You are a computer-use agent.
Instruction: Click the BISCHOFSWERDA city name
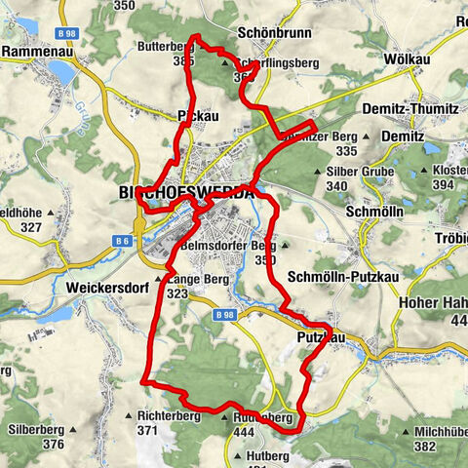tap(185, 192)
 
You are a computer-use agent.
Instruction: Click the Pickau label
tap(198, 115)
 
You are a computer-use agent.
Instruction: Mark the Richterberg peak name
tap(169, 415)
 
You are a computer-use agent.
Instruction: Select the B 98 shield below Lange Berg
tap(223, 302)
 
